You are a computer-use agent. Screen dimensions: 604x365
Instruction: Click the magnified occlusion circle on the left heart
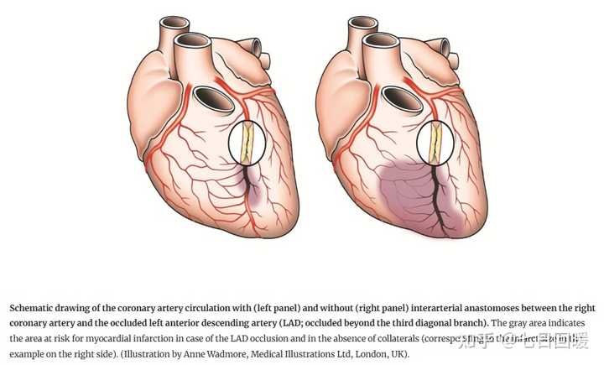tap(248, 143)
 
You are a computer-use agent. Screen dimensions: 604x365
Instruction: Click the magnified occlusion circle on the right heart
tap(436, 143)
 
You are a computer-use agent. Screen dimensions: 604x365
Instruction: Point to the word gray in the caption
tap(508, 322)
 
